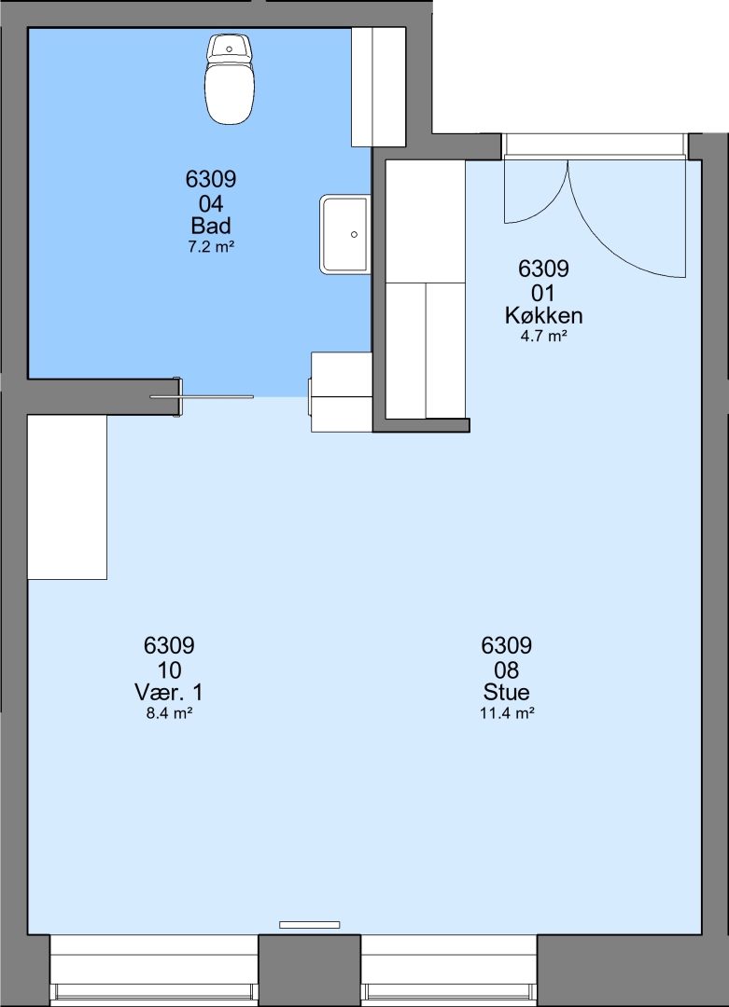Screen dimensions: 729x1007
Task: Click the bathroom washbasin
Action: (x=345, y=234)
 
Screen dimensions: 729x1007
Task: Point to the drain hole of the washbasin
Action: (x=354, y=235)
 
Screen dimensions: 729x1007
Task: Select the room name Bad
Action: (x=211, y=226)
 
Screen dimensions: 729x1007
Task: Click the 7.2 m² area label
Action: (x=211, y=246)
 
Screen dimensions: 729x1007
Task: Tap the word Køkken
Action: (x=544, y=315)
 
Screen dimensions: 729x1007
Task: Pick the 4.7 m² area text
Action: (x=544, y=336)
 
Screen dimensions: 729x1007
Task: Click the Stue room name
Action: (x=507, y=692)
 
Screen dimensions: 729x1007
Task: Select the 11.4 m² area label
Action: (x=507, y=712)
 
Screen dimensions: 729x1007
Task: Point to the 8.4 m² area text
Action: (x=170, y=712)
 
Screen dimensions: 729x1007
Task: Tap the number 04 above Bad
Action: (x=211, y=204)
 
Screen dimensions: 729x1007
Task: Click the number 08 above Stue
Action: (x=507, y=670)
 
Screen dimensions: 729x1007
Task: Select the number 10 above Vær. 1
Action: (x=169, y=670)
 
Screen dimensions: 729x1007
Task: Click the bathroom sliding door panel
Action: (x=202, y=397)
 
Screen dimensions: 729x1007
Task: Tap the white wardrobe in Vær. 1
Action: (x=67, y=497)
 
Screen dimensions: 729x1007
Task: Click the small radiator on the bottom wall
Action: (x=309, y=925)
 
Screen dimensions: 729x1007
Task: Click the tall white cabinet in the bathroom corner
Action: (x=378, y=87)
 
